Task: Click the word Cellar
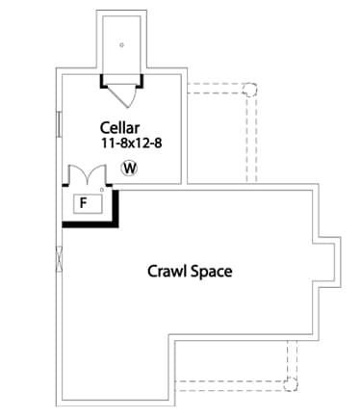(x=120, y=127)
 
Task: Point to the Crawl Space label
(x=190, y=272)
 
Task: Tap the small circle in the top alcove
(x=121, y=44)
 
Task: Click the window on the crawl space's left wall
(x=60, y=256)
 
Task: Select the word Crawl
(x=166, y=272)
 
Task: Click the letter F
(x=84, y=203)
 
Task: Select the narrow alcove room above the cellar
(x=121, y=43)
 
